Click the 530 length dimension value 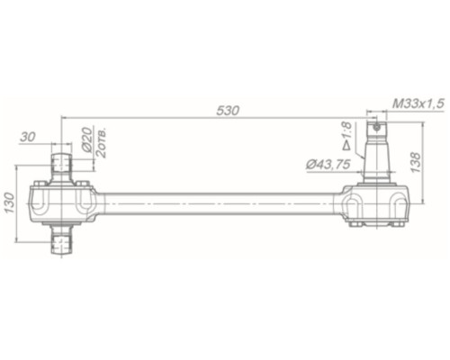click(x=228, y=111)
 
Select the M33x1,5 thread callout click(x=418, y=103)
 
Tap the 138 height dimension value click(x=416, y=162)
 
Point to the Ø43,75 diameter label click(x=328, y=165)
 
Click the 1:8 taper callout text click(x=346, y=130)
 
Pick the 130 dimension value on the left click(x=10, y=202)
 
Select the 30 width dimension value click(x=28, y=137)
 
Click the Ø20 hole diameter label click(x=86, y=139)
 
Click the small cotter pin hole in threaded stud click(x=377, y=128)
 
